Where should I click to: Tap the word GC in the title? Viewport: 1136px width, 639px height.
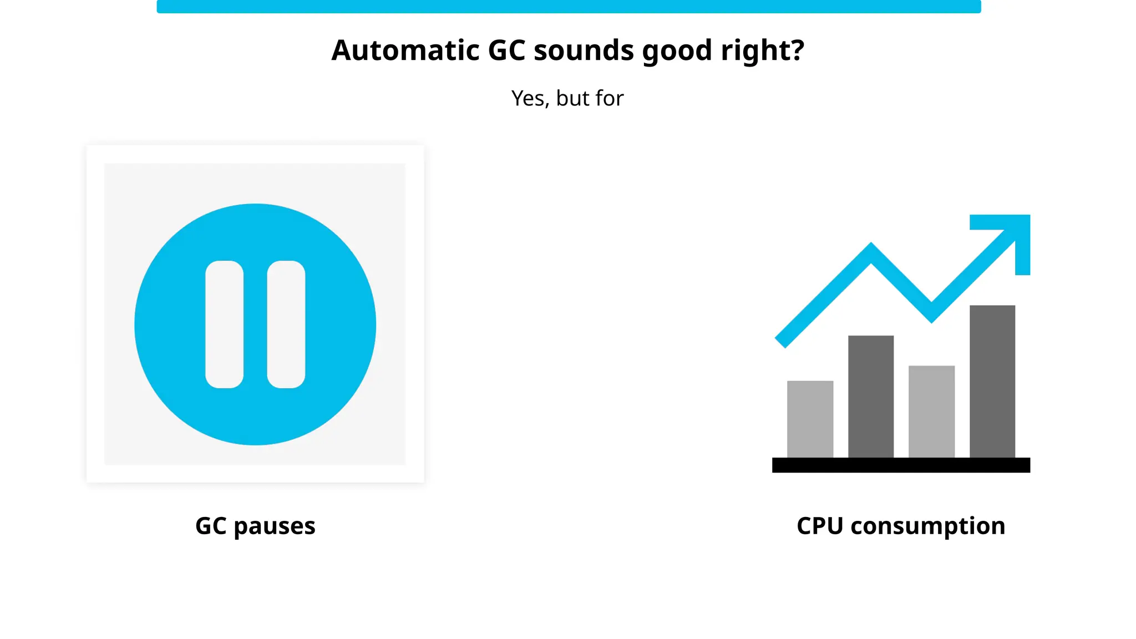[506, 50]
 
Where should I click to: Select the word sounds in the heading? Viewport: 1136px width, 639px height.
[583, 50]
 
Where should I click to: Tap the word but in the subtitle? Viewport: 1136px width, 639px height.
[573, 99]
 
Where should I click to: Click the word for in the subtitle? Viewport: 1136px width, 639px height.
[610, 99]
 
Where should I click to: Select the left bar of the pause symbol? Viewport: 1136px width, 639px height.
[224, 324]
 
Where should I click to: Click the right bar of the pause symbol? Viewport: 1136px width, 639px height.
[286, 324]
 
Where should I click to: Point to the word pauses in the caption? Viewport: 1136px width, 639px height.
[275, 526]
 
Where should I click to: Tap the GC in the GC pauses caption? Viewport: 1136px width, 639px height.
[211, 526]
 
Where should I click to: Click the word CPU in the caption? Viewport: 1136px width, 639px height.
[820, 526]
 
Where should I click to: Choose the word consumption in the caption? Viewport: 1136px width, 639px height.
[927, 526]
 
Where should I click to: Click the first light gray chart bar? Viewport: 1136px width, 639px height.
[810, 419]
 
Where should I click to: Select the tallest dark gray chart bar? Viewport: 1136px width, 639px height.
[992, 381]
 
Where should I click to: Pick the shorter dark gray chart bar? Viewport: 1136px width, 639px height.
[871, 396]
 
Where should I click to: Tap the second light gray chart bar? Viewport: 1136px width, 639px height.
[931, 411]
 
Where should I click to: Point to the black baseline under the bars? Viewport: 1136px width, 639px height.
[901, 465]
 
